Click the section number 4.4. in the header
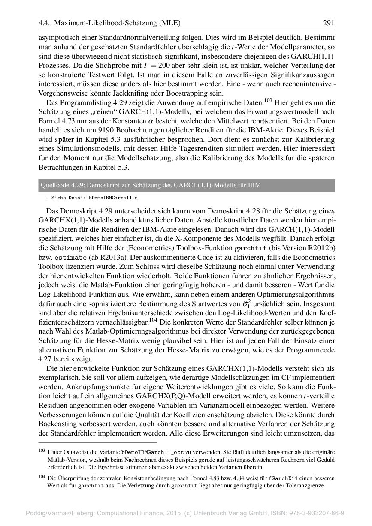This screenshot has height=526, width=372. click(45, 23)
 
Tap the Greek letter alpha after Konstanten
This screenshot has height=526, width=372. click(150, 121)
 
